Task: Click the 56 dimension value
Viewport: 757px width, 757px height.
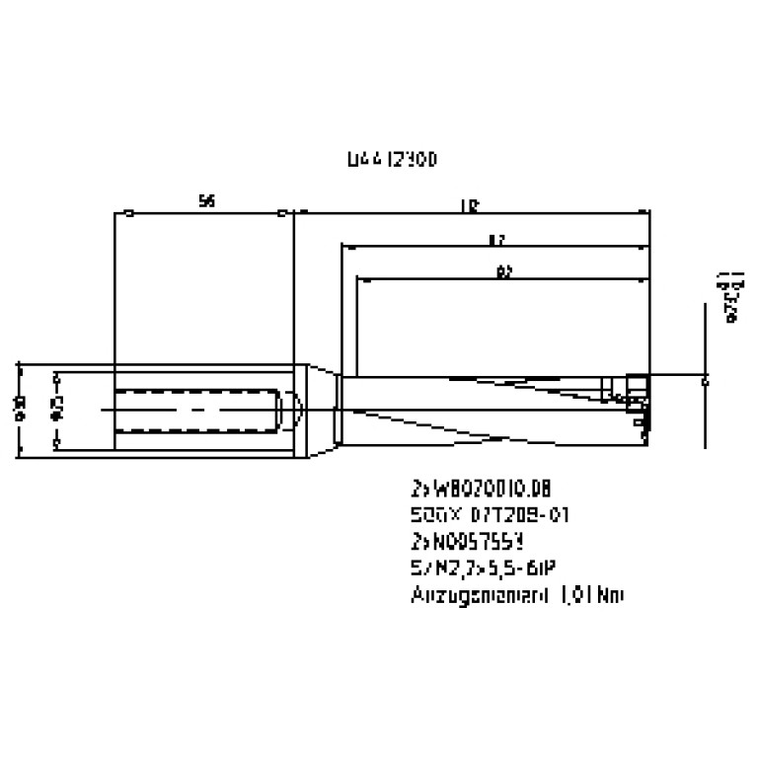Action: pyautogui.click(x=206, y=201)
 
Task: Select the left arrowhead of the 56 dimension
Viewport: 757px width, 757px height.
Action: pyautogui.click(x=130, y=212)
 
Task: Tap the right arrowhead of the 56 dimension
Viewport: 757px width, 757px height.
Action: pyautogui.click(x=282, y=212)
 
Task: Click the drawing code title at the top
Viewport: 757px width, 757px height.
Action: pyautogui.click(x=392, y=158)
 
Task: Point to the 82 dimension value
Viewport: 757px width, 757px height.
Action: pyautogui.click(x=503, y=272)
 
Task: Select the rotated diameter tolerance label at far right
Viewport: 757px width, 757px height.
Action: pyautogui.click(x=731, y=295)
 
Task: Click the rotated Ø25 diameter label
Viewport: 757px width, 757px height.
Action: pyautogui.click(x=57, y=409)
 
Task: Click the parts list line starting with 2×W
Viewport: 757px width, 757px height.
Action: pyautogui.click(x=478, y=489)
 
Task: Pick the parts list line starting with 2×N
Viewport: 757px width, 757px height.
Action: pyautogui.click(x=467, y=541)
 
